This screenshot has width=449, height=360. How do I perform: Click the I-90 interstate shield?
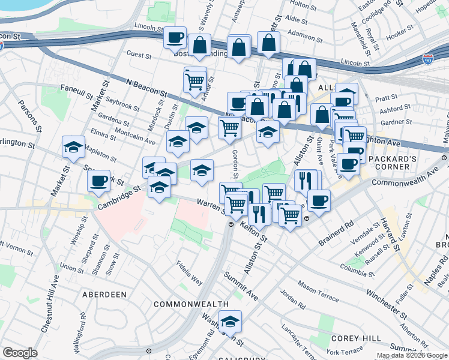point(427,59)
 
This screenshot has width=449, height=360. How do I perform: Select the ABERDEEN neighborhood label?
point(106,295)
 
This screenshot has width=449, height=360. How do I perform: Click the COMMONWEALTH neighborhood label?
point(191,304)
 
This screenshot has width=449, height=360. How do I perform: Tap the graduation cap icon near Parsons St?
point(73,148)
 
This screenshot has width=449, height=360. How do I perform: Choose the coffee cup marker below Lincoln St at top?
point(175,37)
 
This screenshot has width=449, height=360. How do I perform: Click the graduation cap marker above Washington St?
point(230,322)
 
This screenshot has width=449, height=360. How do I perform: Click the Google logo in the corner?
point(20,353)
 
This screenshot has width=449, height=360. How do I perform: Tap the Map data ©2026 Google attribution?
point(411,355)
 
